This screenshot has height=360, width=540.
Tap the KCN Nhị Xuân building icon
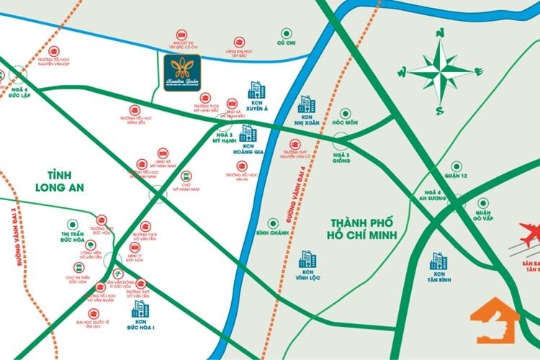pos(307,105)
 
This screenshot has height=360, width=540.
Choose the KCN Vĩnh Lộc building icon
pos(307,259)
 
